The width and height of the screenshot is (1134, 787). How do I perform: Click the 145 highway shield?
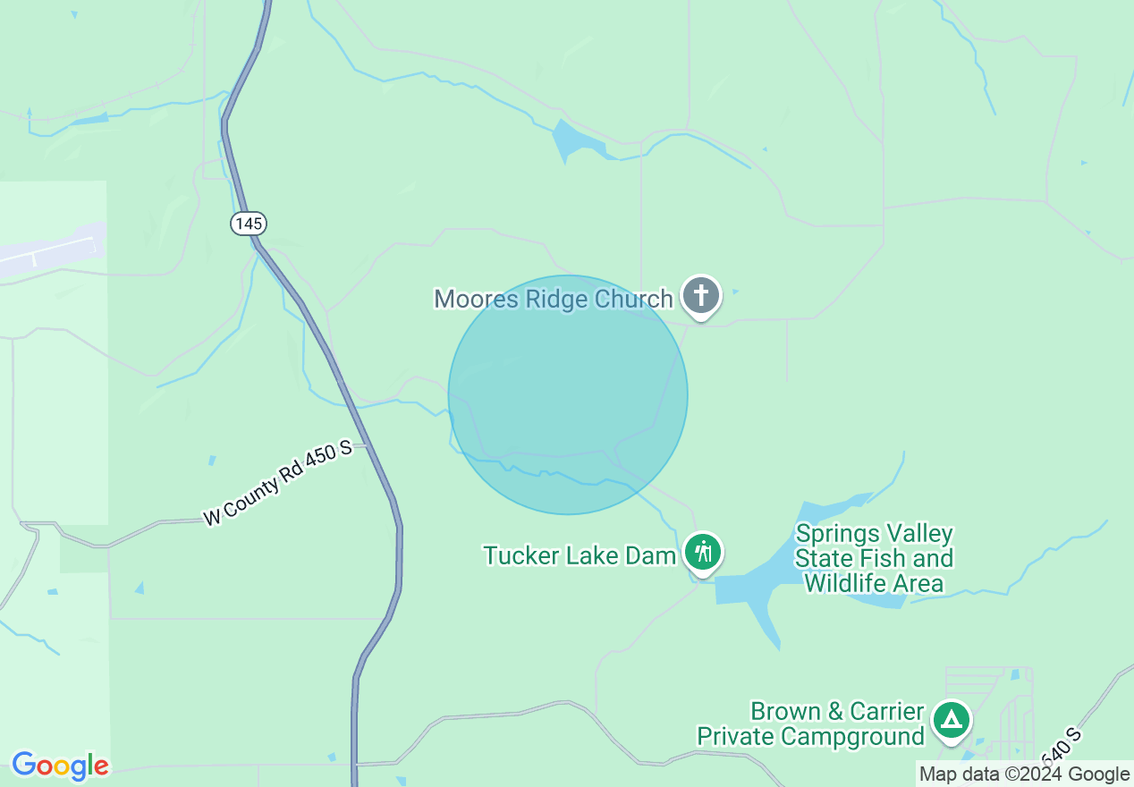249,223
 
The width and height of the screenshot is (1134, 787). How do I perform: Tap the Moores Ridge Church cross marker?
701,295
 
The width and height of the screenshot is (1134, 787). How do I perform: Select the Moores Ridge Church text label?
553,299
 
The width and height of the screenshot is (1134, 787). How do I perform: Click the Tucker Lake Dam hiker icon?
704,552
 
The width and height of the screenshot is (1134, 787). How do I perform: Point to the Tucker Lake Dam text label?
580,555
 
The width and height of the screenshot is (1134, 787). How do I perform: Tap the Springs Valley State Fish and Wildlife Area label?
874,559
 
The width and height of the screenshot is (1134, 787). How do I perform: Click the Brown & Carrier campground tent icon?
952,720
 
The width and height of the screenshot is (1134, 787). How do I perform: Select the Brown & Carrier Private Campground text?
810,724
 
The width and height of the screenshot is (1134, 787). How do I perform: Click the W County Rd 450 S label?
278,484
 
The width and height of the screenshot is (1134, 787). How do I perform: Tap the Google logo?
60,766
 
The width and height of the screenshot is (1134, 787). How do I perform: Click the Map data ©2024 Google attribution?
1025,774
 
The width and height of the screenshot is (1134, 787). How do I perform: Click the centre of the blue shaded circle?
568,394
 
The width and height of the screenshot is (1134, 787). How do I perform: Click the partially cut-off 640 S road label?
1062,749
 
